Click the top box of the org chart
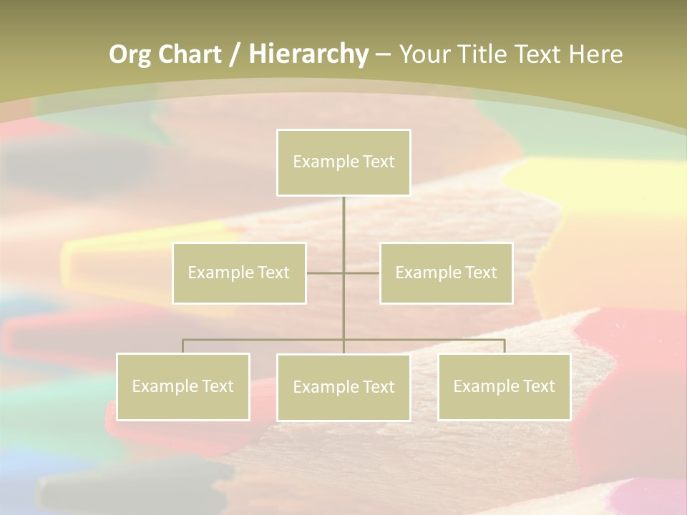click(x=343, y=162)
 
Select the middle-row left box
click(x=239, y=273)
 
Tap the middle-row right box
click(x=446, y=273)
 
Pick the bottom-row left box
click(x=183, y=386)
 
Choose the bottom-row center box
click(x=343, y=387)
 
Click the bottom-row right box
click(x=505, y=386)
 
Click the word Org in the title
click(x=130, y=54)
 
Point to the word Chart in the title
click(x=190, y=54)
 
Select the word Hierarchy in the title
click(x=308, y=54)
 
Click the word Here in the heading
click(x=595, y=54)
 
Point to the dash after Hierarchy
click(x=383, y=54)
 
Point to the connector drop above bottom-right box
click(x=505, y=346)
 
